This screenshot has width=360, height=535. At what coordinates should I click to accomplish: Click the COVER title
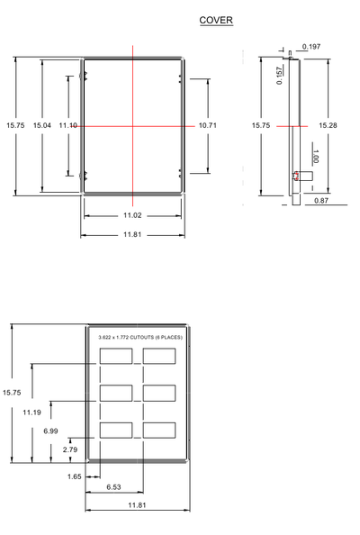[x=216, y=20]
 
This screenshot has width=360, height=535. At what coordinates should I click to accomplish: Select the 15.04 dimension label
[x=42, y=125]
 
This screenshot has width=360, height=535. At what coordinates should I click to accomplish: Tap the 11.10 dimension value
[x=67, y=125]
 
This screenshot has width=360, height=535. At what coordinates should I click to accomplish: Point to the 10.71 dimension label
[x=208, y=125]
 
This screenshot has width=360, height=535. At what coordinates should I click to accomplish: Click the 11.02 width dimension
[x=132, y=215]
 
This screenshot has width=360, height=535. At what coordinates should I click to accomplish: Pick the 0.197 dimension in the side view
[x=311, y=47]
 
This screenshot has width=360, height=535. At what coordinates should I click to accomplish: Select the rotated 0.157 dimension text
[x=279, y=76]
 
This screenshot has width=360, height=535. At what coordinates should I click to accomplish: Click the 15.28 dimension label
[x=328, y=125]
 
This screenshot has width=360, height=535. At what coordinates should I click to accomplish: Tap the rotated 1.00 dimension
[x=315, y=157]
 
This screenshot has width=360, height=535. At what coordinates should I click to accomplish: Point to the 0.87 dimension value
[x=321, y=201]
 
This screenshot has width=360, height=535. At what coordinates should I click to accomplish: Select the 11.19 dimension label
[x=31, y=413]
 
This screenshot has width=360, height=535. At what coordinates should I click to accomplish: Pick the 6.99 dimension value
[x=50, y=431]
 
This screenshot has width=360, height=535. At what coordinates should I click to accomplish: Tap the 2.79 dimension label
[x=70, y=449]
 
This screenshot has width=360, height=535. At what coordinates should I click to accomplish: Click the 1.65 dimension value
[x=75, y=476]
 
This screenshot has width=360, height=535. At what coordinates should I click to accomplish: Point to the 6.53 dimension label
[x=113, y=487]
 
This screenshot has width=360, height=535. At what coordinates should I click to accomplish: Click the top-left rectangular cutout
[x=116, y=356]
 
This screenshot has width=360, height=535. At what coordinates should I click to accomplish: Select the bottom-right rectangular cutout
[x=159, y=431]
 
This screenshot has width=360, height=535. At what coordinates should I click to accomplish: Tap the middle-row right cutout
[x=159, y=393]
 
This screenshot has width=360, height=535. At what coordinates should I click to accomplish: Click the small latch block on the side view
[x=302, y=176]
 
